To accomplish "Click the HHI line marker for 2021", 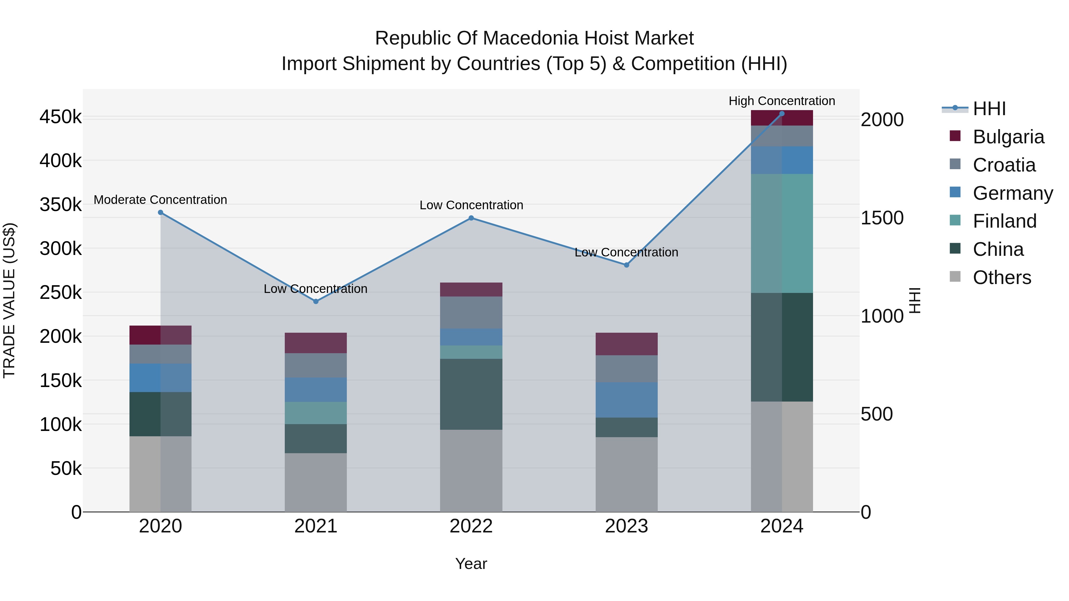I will (316, 302).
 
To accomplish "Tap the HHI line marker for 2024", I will (782, 114).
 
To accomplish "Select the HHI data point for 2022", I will (471, 218).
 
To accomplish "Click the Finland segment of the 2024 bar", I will (782, 234).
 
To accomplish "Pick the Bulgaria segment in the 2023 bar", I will (627, 344).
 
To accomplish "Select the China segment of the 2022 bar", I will (471, 394).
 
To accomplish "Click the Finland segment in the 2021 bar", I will (316, 413).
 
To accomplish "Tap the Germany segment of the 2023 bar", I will (627, 400).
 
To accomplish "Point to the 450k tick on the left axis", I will (61, 117).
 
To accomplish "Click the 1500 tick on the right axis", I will (882, 218).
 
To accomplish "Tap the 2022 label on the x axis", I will (471, 526).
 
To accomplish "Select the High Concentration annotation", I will (782, 101).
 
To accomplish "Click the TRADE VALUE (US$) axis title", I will (9, 300).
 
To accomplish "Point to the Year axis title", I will (471, 564).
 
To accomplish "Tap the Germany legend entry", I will (1013, 193).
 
